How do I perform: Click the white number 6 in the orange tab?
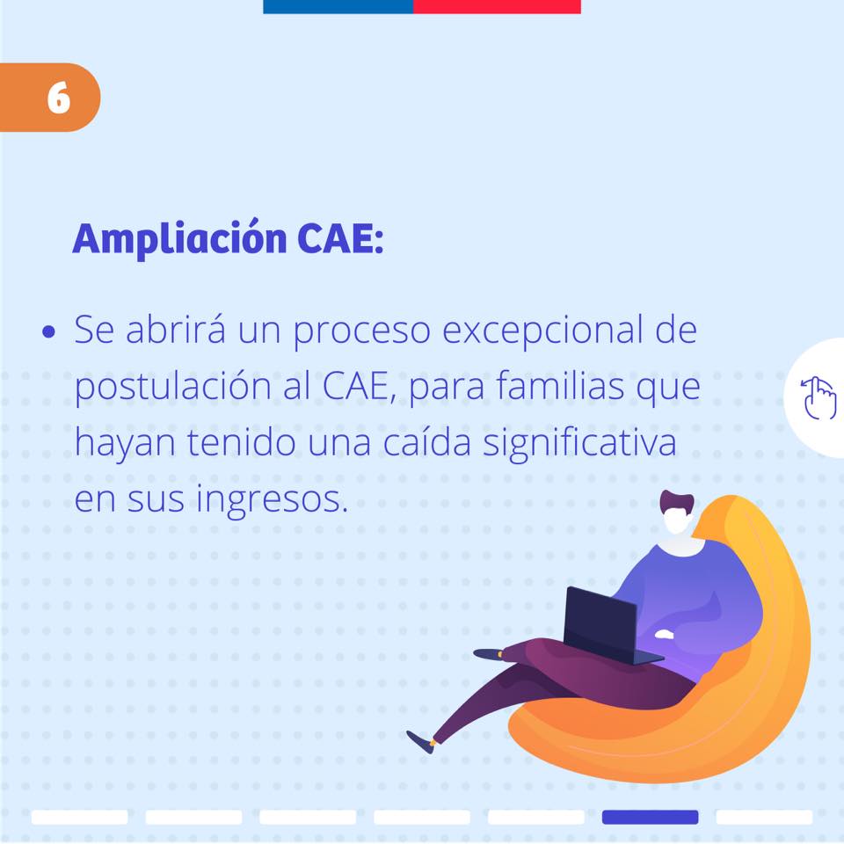(x=59, y=98)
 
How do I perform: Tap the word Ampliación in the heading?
(x=179, y=238)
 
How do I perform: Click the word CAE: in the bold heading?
(x=340, y=238)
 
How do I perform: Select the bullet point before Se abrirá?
(x=48, y=331)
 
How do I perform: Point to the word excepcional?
(x=543, y=330)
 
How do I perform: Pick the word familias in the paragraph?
(x=560, y=385)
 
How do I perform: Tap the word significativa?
(x=579, y=443)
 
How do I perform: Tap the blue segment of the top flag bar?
(x=338, y=6)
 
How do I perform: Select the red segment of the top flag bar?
(x=497, y=6)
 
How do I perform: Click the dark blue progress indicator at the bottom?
(x=650, y=817)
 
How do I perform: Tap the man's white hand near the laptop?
(x=665, y=634)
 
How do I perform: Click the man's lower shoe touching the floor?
(x=420, y=742)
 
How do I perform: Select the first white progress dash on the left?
(x=80, y=817)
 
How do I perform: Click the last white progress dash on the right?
(x=764, y=817)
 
